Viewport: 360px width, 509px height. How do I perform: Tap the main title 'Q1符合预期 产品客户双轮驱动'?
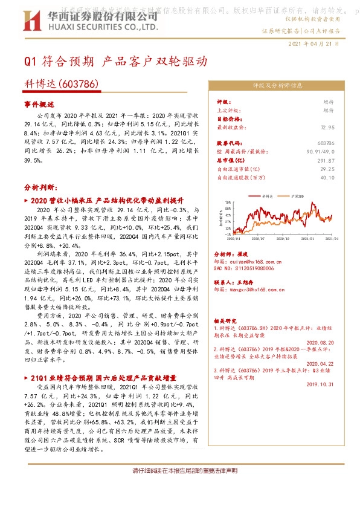(115, 61)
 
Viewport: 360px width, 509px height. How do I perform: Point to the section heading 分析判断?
(39, 187)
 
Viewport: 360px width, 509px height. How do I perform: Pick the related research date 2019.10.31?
(320, 383)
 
